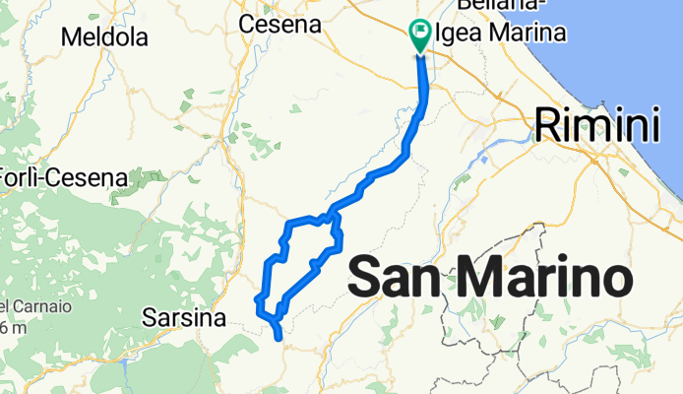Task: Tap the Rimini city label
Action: (595, 126)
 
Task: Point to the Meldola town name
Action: (103, 38)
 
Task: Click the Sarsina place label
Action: (184, 318)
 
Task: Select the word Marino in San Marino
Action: (547, 278)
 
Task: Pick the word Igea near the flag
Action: (457, 33)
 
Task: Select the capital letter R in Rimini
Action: (547, 127)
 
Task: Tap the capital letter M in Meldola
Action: (70, 38)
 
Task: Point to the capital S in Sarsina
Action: (150, 318)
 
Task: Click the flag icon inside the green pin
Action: (419, 33)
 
